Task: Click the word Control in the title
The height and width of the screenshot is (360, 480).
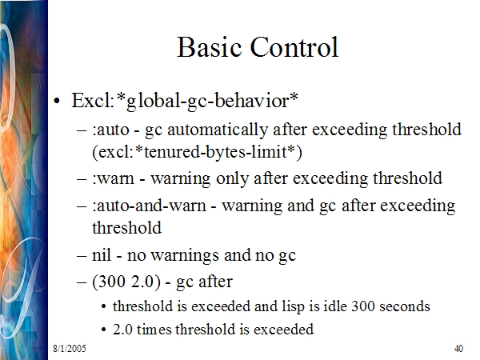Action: click(x=294, y=47)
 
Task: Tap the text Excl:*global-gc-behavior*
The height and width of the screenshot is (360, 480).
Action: click(x=185, y=101)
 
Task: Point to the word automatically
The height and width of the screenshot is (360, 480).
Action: click(x=218, y=130)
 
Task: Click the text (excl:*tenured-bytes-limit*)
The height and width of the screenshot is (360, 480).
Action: click(x=197, y=152)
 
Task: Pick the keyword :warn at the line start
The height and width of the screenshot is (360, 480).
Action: click(x=113, y=178)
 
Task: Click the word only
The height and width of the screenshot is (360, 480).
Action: click(x=232, y=178)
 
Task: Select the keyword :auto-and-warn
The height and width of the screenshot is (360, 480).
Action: click(x=149, y=206)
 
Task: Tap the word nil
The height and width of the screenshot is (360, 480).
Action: click(x=102, y=254)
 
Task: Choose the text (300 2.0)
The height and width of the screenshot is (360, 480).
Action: click(x=126, y=282)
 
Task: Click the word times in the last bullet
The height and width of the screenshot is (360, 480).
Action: click(x=154, y=330)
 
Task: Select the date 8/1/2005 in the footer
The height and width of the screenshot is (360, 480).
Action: click(x=70, y=349)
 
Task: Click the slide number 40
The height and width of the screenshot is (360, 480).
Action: click(x=458, y=349)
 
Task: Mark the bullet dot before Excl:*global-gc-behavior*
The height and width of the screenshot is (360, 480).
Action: click(x=57, y=101)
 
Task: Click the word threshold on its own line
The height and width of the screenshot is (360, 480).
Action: click(x=126, y=228)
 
